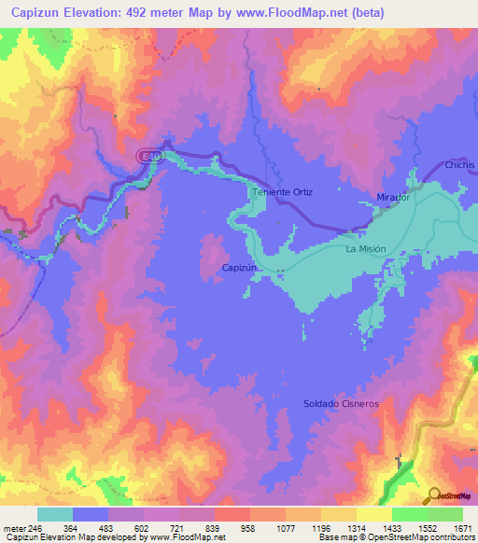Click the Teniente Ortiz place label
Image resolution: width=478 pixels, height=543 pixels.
tap(283, 192)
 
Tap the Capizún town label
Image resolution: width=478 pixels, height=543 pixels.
tap(240, 267)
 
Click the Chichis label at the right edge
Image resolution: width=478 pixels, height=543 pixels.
tap(460, 164)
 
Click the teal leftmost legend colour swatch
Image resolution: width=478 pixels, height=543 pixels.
tap(55, 514)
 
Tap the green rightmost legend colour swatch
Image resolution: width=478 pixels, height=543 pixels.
tap(444, 514)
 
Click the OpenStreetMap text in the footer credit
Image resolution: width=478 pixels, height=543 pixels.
tap(442, 537)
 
